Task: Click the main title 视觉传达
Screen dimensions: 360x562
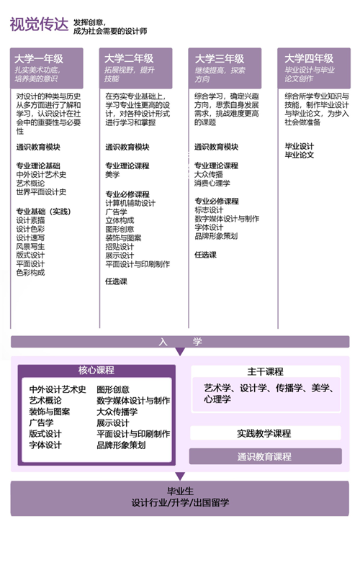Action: coord(39,24)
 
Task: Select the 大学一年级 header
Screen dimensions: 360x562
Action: coord(39,58)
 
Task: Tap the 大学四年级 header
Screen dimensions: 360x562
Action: coord(309,58)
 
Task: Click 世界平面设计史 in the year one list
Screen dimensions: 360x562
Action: coord(41,192)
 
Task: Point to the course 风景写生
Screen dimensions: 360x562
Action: coord(30,247)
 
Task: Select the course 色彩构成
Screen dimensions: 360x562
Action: coord(30,273)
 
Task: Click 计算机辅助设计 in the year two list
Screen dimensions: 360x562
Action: coord(130,203)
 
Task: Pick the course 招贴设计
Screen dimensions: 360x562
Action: coord(120,247)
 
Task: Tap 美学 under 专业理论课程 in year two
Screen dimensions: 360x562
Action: coord(112,175)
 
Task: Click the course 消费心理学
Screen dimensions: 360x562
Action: coord(212,183)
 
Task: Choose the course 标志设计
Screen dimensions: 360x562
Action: coord(209,210)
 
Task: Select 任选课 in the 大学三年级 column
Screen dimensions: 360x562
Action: coord(205,255)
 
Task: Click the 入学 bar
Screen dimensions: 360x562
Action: coord(180,342)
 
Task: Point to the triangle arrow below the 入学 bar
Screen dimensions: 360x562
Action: coord(180,352)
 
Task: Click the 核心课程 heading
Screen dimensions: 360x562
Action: coord(96,371)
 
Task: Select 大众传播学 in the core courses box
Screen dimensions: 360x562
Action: coord(117,412)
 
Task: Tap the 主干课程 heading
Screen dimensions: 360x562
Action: coord(266,372)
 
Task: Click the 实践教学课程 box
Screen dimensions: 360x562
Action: coord(266,433)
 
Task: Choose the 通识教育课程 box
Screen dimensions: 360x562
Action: coord(266,456)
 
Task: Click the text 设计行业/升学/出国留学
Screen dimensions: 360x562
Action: coord(180,502)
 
